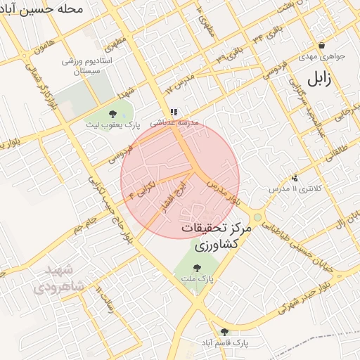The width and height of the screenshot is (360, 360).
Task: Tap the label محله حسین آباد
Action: coord(43,10)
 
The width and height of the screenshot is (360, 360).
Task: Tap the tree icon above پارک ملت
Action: coord(197,266)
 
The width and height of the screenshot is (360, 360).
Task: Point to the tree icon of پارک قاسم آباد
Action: coord(224,331)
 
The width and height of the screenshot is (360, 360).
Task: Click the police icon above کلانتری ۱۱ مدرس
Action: coord(294,178)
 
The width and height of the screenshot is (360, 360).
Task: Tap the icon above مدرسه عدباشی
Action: coord(174,111)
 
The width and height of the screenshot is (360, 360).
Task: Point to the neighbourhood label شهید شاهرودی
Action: coord(58,278)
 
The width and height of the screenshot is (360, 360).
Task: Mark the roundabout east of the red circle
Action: coord(258,217)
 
